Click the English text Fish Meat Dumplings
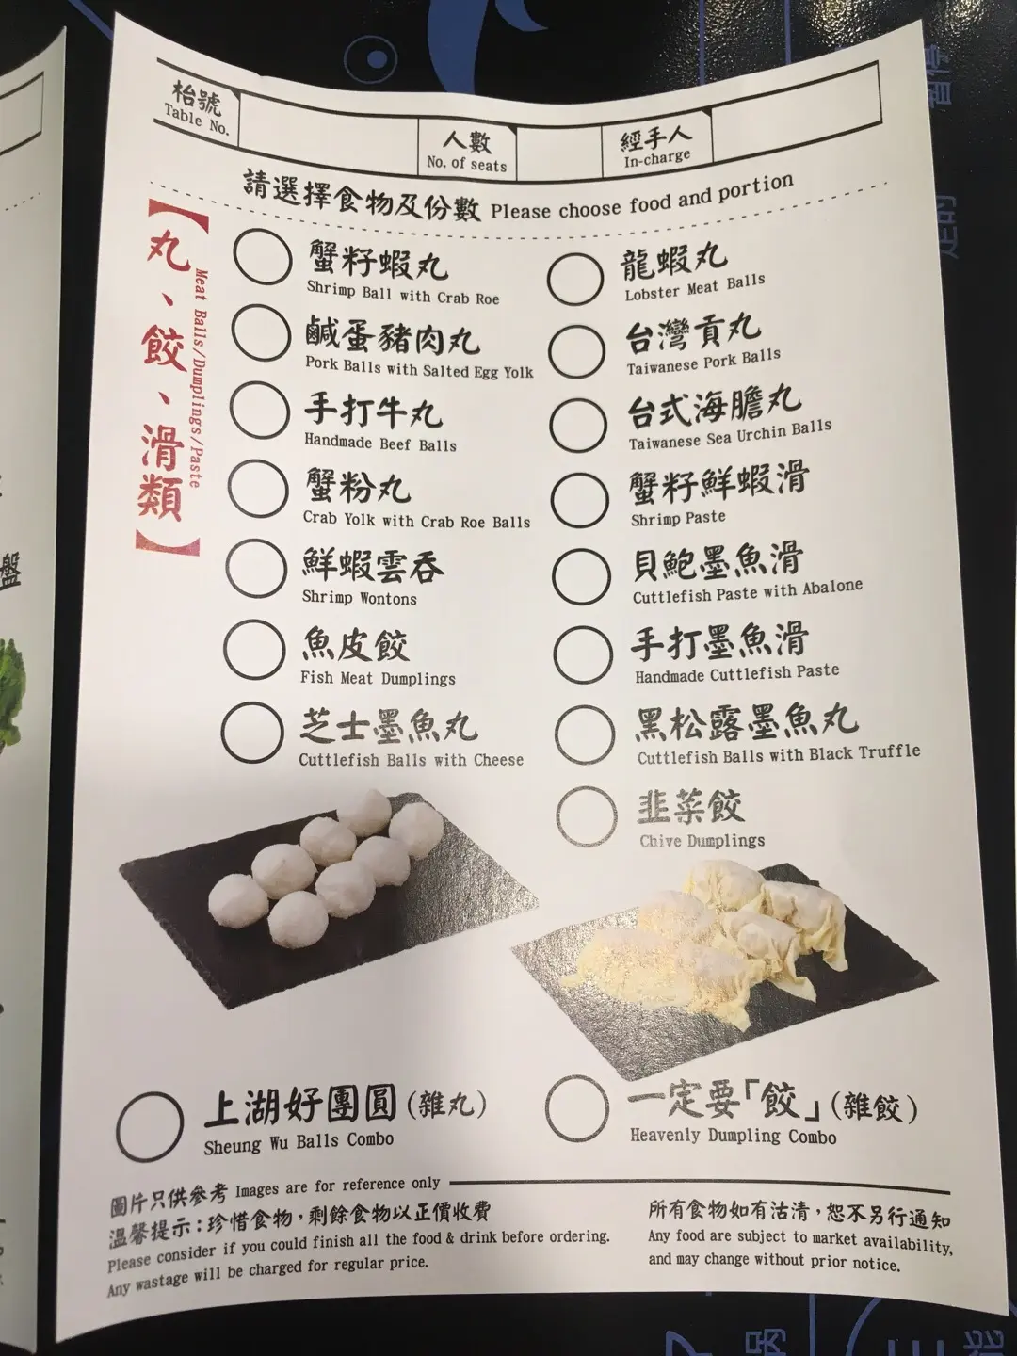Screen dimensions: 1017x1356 pos(378,678)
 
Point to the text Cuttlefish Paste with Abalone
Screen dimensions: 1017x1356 pos(747,591)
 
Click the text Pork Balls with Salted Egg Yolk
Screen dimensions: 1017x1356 pos(419,367)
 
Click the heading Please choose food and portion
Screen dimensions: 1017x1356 pos(642,198)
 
